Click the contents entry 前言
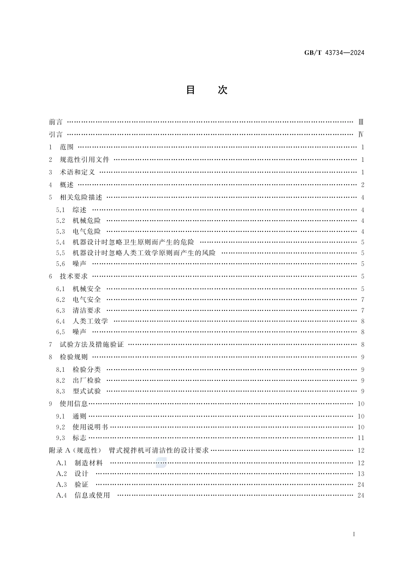(56, 122)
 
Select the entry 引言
(56, 134)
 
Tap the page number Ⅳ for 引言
(361, 134)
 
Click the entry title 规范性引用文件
(85, 160)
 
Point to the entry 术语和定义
(77, 172)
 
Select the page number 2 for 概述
(362, 185)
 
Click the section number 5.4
(61, 243)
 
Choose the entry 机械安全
(87, 289)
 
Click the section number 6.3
(61, 310)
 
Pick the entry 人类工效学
(90, 321)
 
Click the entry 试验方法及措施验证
(91, 344)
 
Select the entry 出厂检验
(87, 380)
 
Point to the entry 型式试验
(87, 391)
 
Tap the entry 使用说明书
(90, 427)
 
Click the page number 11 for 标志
(361, 438)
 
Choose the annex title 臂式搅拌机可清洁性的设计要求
(159, 450)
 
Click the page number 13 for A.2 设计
(361, 474)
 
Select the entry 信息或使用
(92, 495)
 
